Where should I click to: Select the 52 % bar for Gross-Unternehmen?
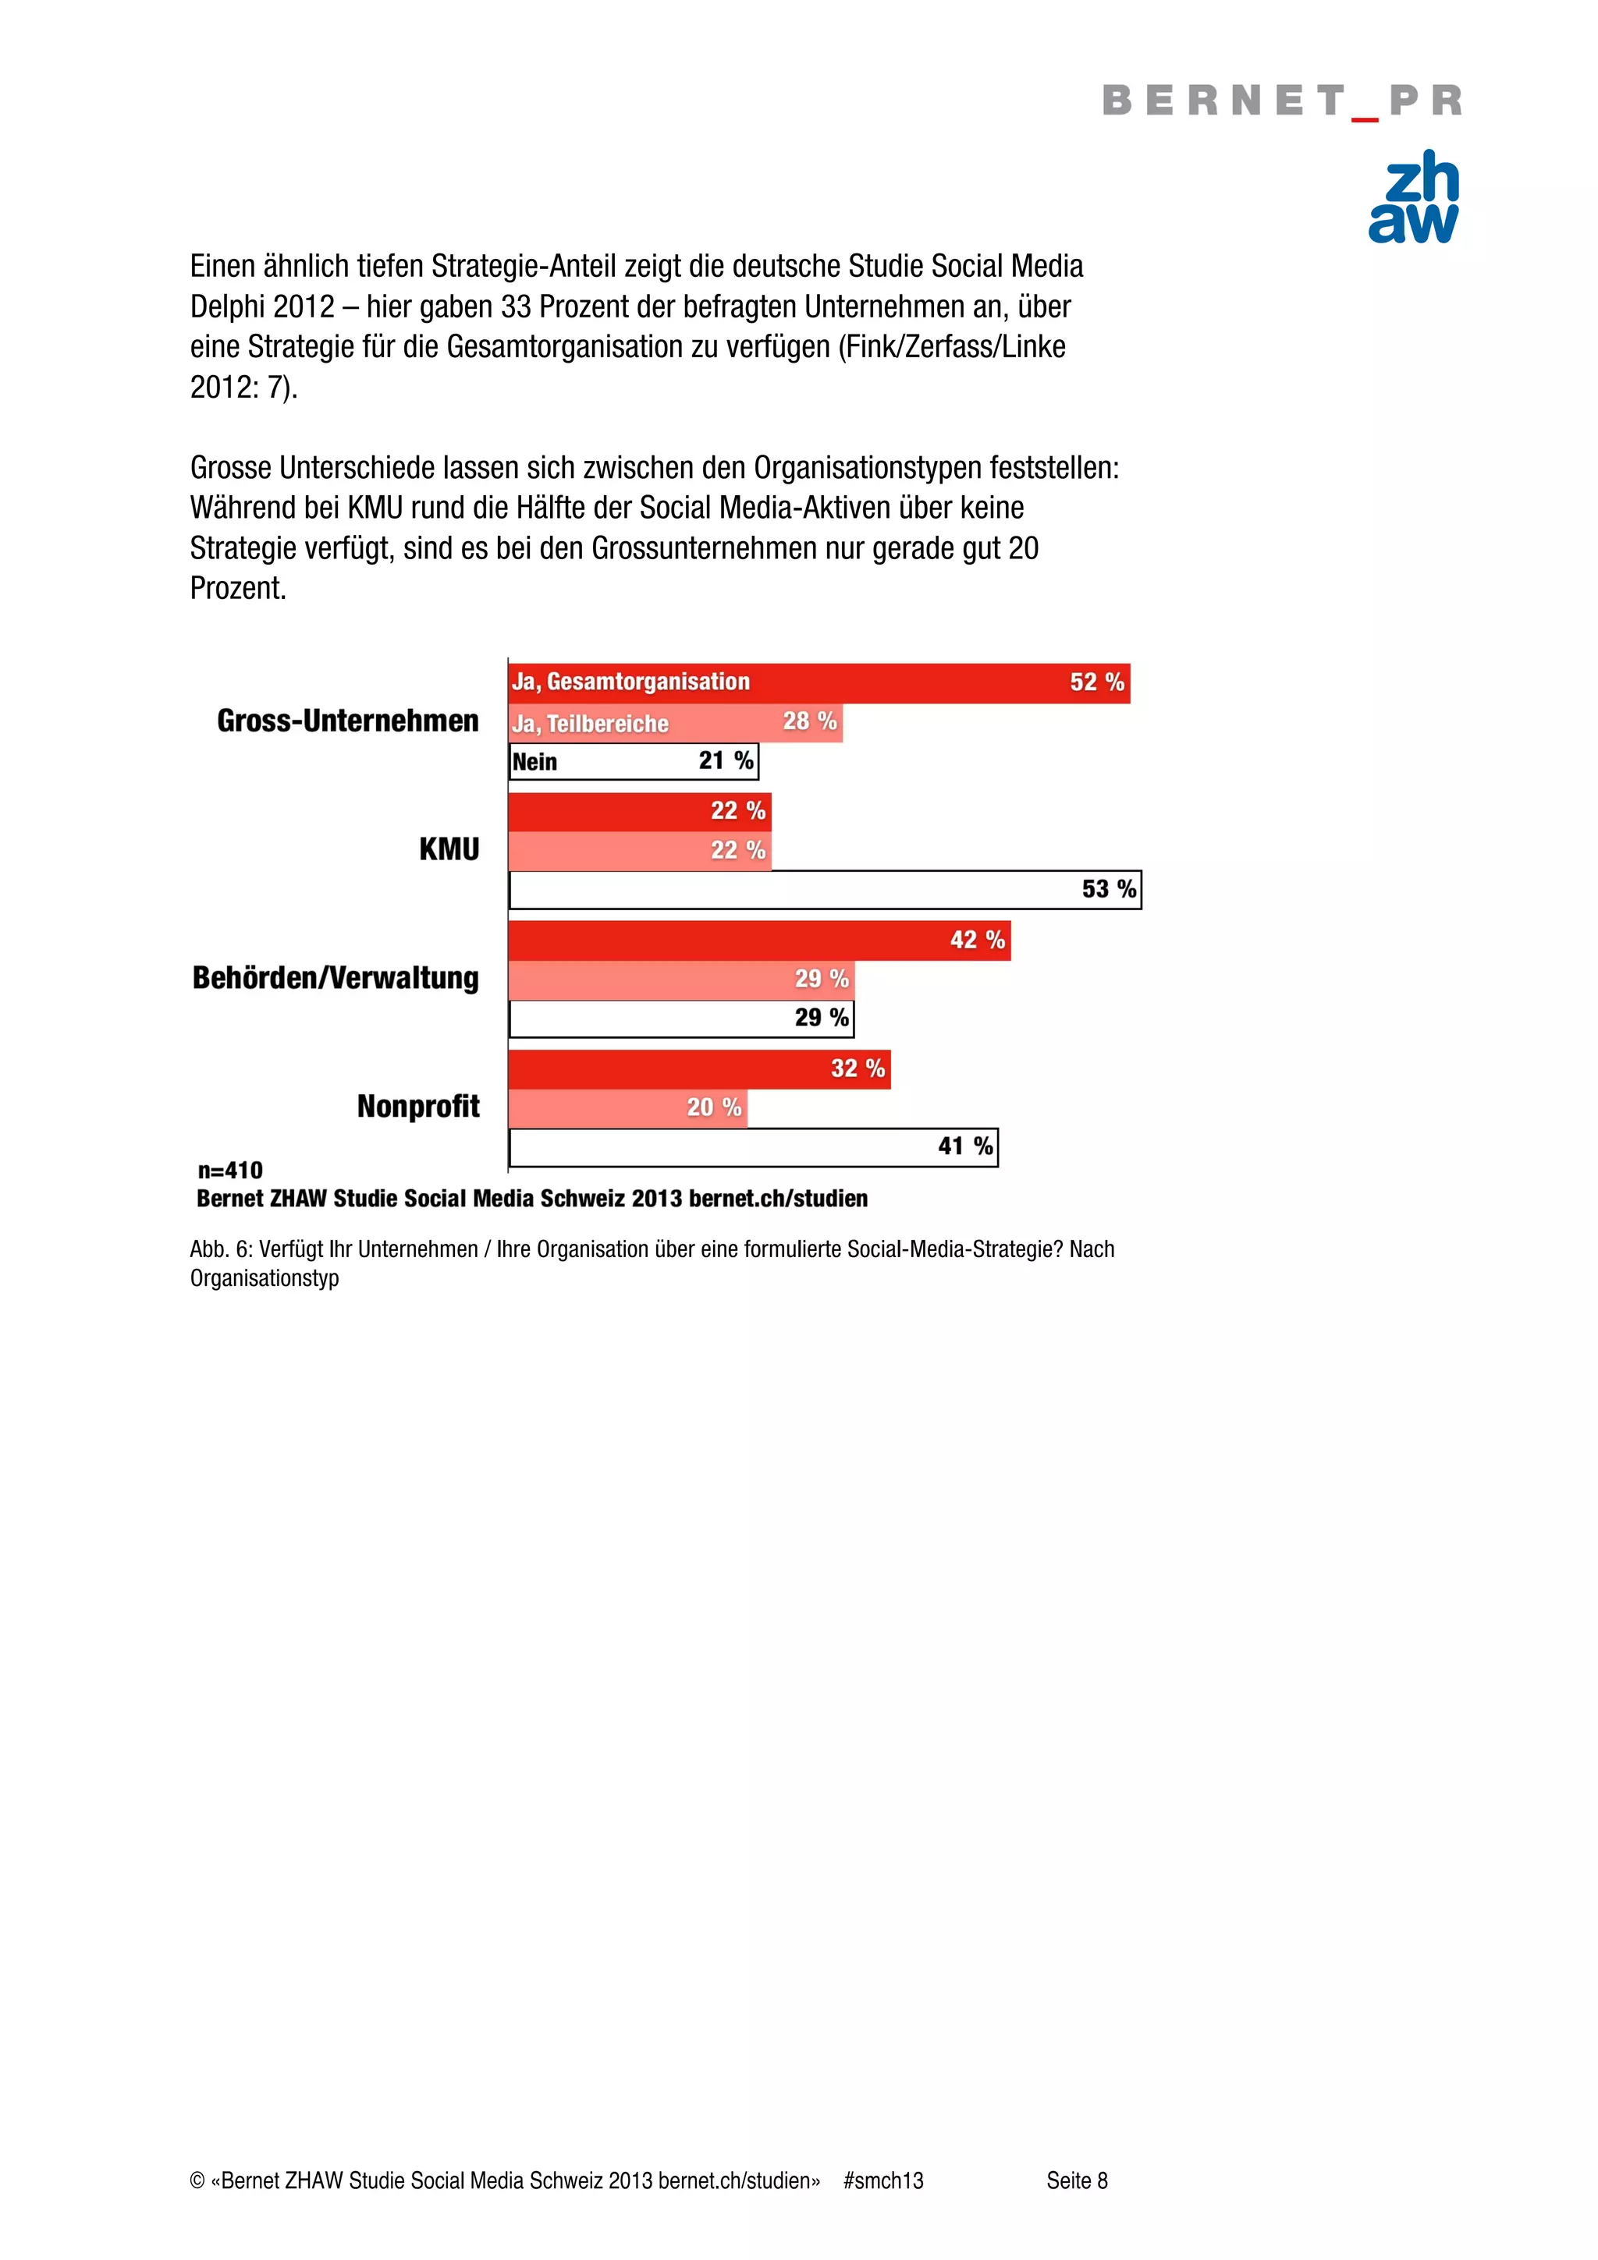point(819,683)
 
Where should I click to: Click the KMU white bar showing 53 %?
point(824,890)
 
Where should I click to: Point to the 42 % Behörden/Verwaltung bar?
point(759,940)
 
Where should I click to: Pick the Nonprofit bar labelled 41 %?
point(753,1146)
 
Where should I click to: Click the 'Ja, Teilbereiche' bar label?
point(590,724)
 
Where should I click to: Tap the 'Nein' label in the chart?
point(534,762)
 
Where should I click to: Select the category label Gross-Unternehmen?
point(347,721)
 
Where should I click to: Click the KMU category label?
point(449,848)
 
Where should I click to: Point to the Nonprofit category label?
point(418,1107)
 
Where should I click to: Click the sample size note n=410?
point(230,1171)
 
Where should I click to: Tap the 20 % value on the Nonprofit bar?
point(714,1107)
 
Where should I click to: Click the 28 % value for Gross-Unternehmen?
point(809,721)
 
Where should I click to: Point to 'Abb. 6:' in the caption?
point(221,1249)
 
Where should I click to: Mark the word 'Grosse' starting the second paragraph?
point(230,468)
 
